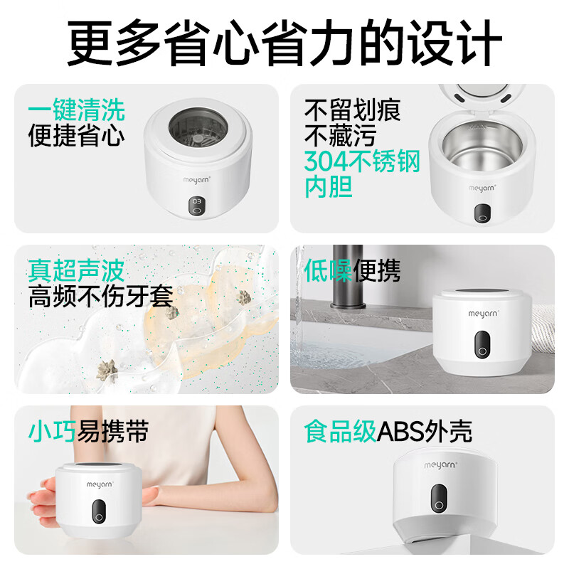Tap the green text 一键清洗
coord(77,110)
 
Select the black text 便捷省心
coord(77,135)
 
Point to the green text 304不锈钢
coord(362,162)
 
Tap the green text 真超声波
coord(77,270)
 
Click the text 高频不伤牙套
coord(101,296)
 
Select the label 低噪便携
coord(353,270)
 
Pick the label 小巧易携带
coord(88,431)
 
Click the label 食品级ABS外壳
coord(388,431)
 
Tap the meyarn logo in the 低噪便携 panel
coord(485,312)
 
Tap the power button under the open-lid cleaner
coord(483,213)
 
